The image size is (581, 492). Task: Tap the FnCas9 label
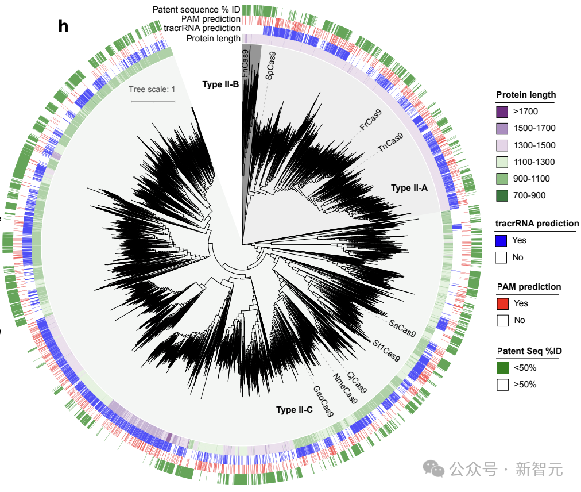tap(245, 64)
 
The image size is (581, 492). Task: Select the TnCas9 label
tap(390, 142)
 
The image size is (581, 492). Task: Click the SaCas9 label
tap(402, 329)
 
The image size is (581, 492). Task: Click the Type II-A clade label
tap(409, 188)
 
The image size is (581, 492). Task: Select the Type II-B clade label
tap(220, 84)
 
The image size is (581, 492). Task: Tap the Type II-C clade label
tap(294, 410)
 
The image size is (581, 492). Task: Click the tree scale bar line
tap(152, 102)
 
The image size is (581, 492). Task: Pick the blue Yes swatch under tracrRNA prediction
tap(501, 240)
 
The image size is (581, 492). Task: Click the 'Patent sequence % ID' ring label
tap(196, 10)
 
